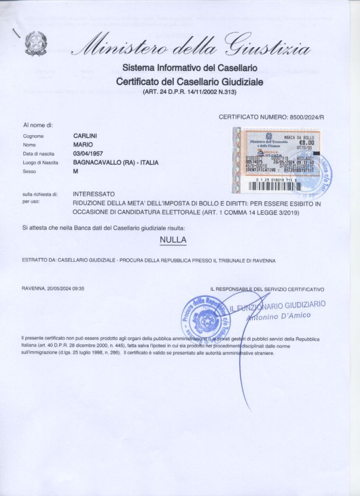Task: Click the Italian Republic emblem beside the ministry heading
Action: pyautogui.click(x=35, y=43)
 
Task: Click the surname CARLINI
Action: pyautogui.click(x=84, y=136)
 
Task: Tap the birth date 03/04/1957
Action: pyautogui.click(x=88, y=154)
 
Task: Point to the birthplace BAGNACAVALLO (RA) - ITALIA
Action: pyautogui.click(x=115, y=163)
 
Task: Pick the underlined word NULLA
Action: pyautogui.click(x=173, y=240)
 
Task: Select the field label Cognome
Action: pyautogui.click(x=33, y=137)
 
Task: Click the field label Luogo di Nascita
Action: pyautogui.click(x=39, y=163)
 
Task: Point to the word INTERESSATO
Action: pyautogui.click(x=93, y=194)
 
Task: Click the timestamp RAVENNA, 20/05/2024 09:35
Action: pyautogui.click(x=53, y=289)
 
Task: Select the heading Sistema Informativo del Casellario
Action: pyautogui.click(x=190, y=68)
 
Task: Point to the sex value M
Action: pyautogui.click(x=75, y=172)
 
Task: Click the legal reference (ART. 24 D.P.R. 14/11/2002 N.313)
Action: pyautogui.click(x=189, y=92)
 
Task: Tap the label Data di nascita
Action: pyautogui.click(x=38, y=154)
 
